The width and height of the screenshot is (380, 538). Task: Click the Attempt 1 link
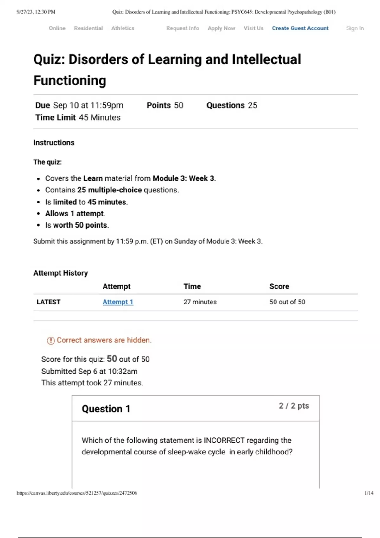118,302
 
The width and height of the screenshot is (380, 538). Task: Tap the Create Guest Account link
300,28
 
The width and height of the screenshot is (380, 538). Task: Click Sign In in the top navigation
355,28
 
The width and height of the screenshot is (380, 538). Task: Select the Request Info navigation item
182,28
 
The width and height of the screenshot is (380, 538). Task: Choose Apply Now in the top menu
221,28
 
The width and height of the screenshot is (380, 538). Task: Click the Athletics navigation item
123,28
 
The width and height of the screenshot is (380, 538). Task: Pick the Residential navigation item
88,28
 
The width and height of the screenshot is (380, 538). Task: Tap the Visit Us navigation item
253,28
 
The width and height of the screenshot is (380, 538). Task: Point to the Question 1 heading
106,409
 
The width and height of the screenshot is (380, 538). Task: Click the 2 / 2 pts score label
294,406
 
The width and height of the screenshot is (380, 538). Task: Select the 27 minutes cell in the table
200,302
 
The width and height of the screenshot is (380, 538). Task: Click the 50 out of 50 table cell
287,302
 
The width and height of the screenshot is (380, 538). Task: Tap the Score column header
279,286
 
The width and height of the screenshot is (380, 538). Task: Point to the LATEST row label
48,302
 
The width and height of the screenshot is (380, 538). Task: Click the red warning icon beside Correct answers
51,341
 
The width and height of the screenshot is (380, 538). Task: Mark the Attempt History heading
60,273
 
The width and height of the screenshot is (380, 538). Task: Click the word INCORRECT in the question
224,440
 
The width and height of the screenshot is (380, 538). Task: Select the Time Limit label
55,117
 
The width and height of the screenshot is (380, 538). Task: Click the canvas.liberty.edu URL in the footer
77,493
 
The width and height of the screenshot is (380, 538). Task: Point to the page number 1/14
369,493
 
